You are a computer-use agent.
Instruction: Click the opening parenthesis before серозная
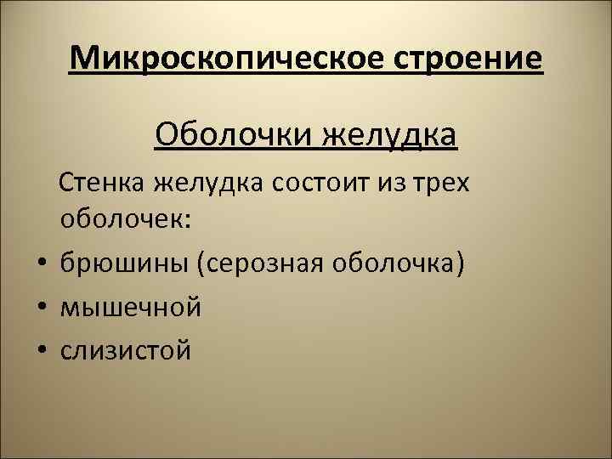(201, 264)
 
